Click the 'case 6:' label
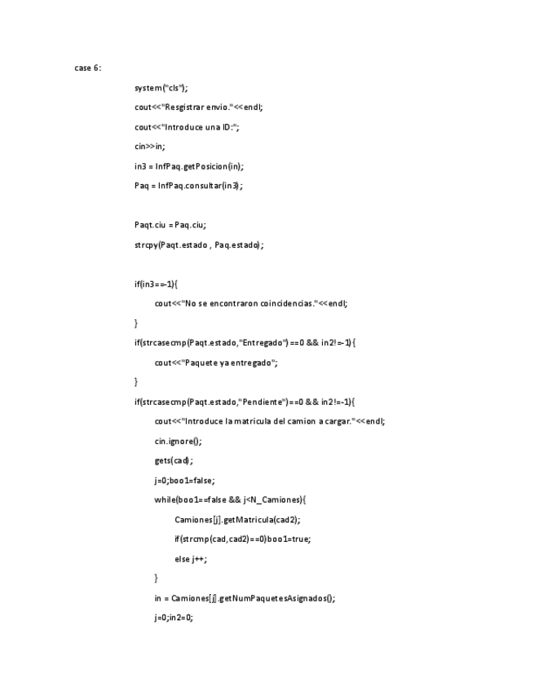tap(88, 68)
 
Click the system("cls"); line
tap(161, 88)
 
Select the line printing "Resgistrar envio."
tap(199, 108)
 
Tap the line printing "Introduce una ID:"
tap(188, 127)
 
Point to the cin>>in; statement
tap(150, 147)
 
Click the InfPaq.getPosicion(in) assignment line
tap(189, 166)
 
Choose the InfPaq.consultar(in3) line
tap(189, 186)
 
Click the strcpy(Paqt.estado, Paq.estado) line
tap(200, 244)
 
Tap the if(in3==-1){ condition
tap(157, 284)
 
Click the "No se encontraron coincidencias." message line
tap(251, 303)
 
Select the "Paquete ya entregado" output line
tap(217, 363)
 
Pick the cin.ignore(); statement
tap(178, 441)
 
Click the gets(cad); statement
tap(174, 460)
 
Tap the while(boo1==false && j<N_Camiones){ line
tap(230, 500)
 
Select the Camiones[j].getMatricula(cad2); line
tap(243, 519)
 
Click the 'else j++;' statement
tap(192, 558)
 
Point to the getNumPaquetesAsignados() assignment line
tap(245, 598)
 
